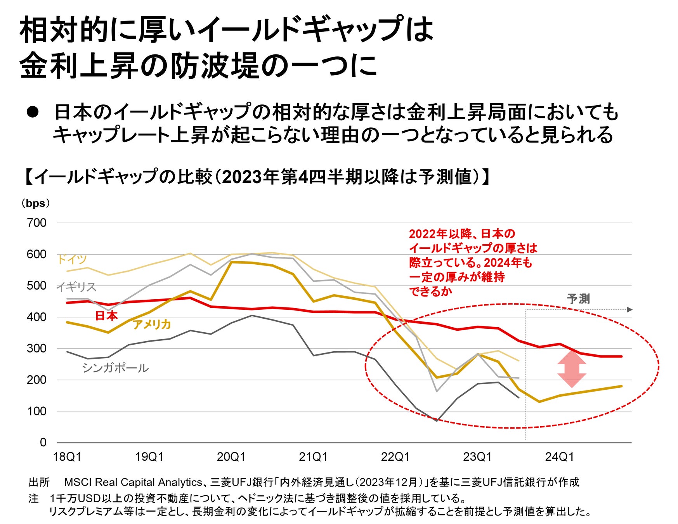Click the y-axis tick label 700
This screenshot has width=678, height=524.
click(x=36, y=223)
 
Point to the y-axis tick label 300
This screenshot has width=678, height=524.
click(x=36, y=348)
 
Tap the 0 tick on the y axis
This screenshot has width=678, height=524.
click(x=43, y=442)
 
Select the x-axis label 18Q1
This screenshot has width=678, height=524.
click(x=67, y=456)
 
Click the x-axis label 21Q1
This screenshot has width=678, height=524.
click(x=313, y=456)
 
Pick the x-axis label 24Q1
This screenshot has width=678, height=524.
click(x=559, y=456)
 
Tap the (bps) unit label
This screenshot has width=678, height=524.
click(x=35, y=203)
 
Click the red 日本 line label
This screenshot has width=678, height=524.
click(x=106, y=316)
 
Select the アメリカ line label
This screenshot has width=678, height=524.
click(x=152, y=324)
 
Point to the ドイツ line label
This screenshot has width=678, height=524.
click(x=72, y=259)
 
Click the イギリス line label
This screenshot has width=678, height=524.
click(x=76, y=287)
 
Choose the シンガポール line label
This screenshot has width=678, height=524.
click(x=115, y=368)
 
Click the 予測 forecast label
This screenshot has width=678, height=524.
click(x=578, y=299)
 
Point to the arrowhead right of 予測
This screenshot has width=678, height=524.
click(x=629, y=309)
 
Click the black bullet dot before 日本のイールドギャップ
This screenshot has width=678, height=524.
click(x=33, y=112)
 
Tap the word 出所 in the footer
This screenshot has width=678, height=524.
click(x=39, y=482)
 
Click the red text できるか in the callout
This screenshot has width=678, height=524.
click(x=431, y=291)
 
